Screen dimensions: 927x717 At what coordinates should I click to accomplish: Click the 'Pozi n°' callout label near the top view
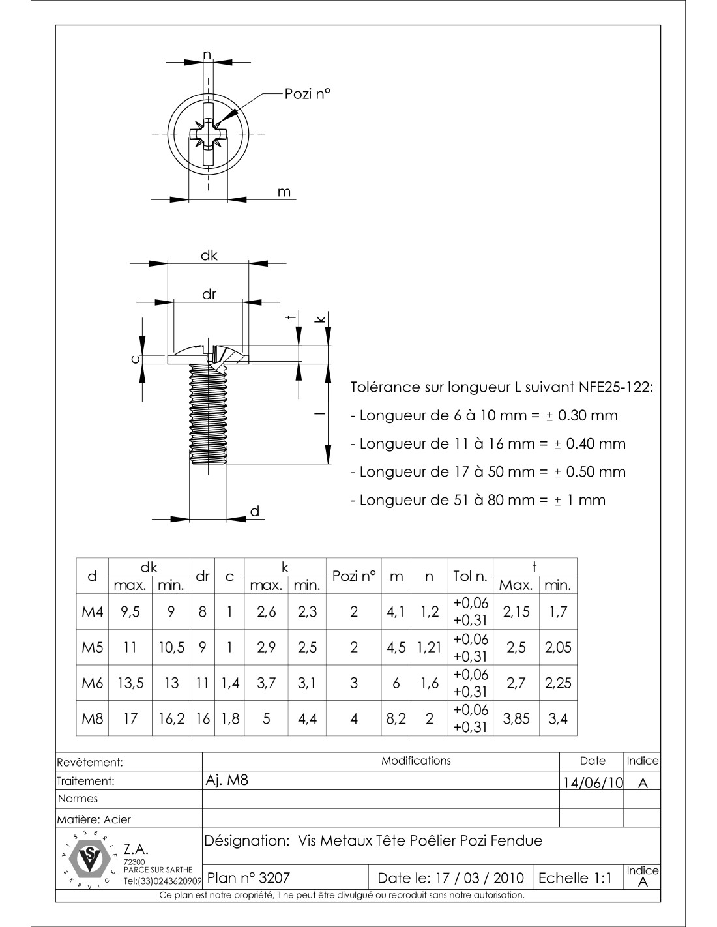307,94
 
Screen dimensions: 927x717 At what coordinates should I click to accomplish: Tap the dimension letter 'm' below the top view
284,192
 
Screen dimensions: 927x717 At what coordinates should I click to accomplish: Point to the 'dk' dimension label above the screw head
209,256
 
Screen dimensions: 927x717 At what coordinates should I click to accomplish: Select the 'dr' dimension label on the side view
209,294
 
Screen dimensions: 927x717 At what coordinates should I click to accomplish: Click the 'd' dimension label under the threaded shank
255,511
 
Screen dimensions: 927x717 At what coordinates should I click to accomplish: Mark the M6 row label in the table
93,683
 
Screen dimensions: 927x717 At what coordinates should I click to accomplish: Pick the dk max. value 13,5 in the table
130,683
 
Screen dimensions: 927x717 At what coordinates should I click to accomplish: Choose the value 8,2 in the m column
396,718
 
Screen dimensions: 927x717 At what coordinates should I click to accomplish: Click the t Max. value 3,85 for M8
516,718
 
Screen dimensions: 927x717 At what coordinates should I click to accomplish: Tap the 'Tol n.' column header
470,576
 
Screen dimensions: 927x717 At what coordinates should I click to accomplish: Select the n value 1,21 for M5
429,647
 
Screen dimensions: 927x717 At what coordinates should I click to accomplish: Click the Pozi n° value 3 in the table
354,683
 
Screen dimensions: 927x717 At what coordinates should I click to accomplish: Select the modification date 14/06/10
593,782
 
